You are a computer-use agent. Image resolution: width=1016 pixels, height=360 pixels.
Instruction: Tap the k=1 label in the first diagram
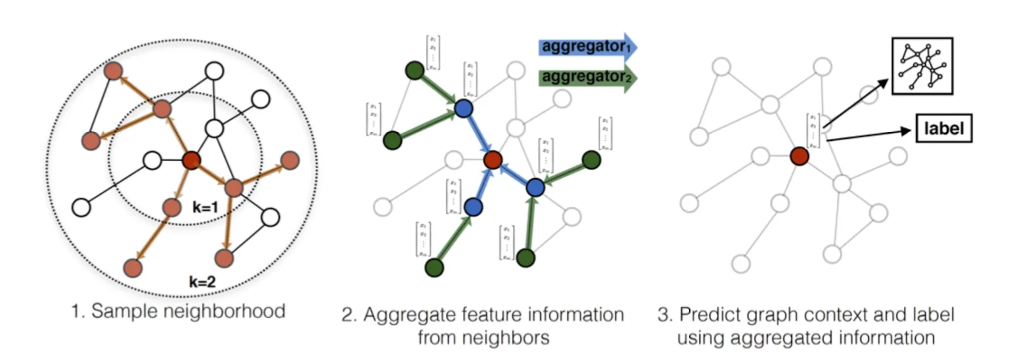pos(205,207)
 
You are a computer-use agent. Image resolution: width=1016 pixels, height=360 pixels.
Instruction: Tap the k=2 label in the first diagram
pos(202,281)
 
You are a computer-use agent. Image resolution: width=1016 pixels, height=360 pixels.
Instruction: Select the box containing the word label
pos(944,128)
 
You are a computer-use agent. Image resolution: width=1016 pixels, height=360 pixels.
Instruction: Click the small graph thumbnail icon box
pos(922,66)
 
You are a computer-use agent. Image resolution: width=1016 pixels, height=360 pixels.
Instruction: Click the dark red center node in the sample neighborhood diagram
pos(191,160)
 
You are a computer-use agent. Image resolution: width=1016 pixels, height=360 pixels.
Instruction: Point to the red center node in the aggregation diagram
pos(493,159)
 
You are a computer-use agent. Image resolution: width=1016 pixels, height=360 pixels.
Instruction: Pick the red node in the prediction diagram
pos(799,156)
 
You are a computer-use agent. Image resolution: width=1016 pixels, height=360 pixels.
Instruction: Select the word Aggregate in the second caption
pos(409,315)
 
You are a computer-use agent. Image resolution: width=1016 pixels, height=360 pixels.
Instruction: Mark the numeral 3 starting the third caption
pos(663,315)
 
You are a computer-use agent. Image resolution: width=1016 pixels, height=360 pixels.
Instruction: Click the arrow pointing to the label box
pos(868,135)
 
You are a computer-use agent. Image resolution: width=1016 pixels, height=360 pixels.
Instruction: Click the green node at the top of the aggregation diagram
pos(415,70)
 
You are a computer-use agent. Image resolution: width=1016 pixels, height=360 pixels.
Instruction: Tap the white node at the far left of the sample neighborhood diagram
pos(81,207)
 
